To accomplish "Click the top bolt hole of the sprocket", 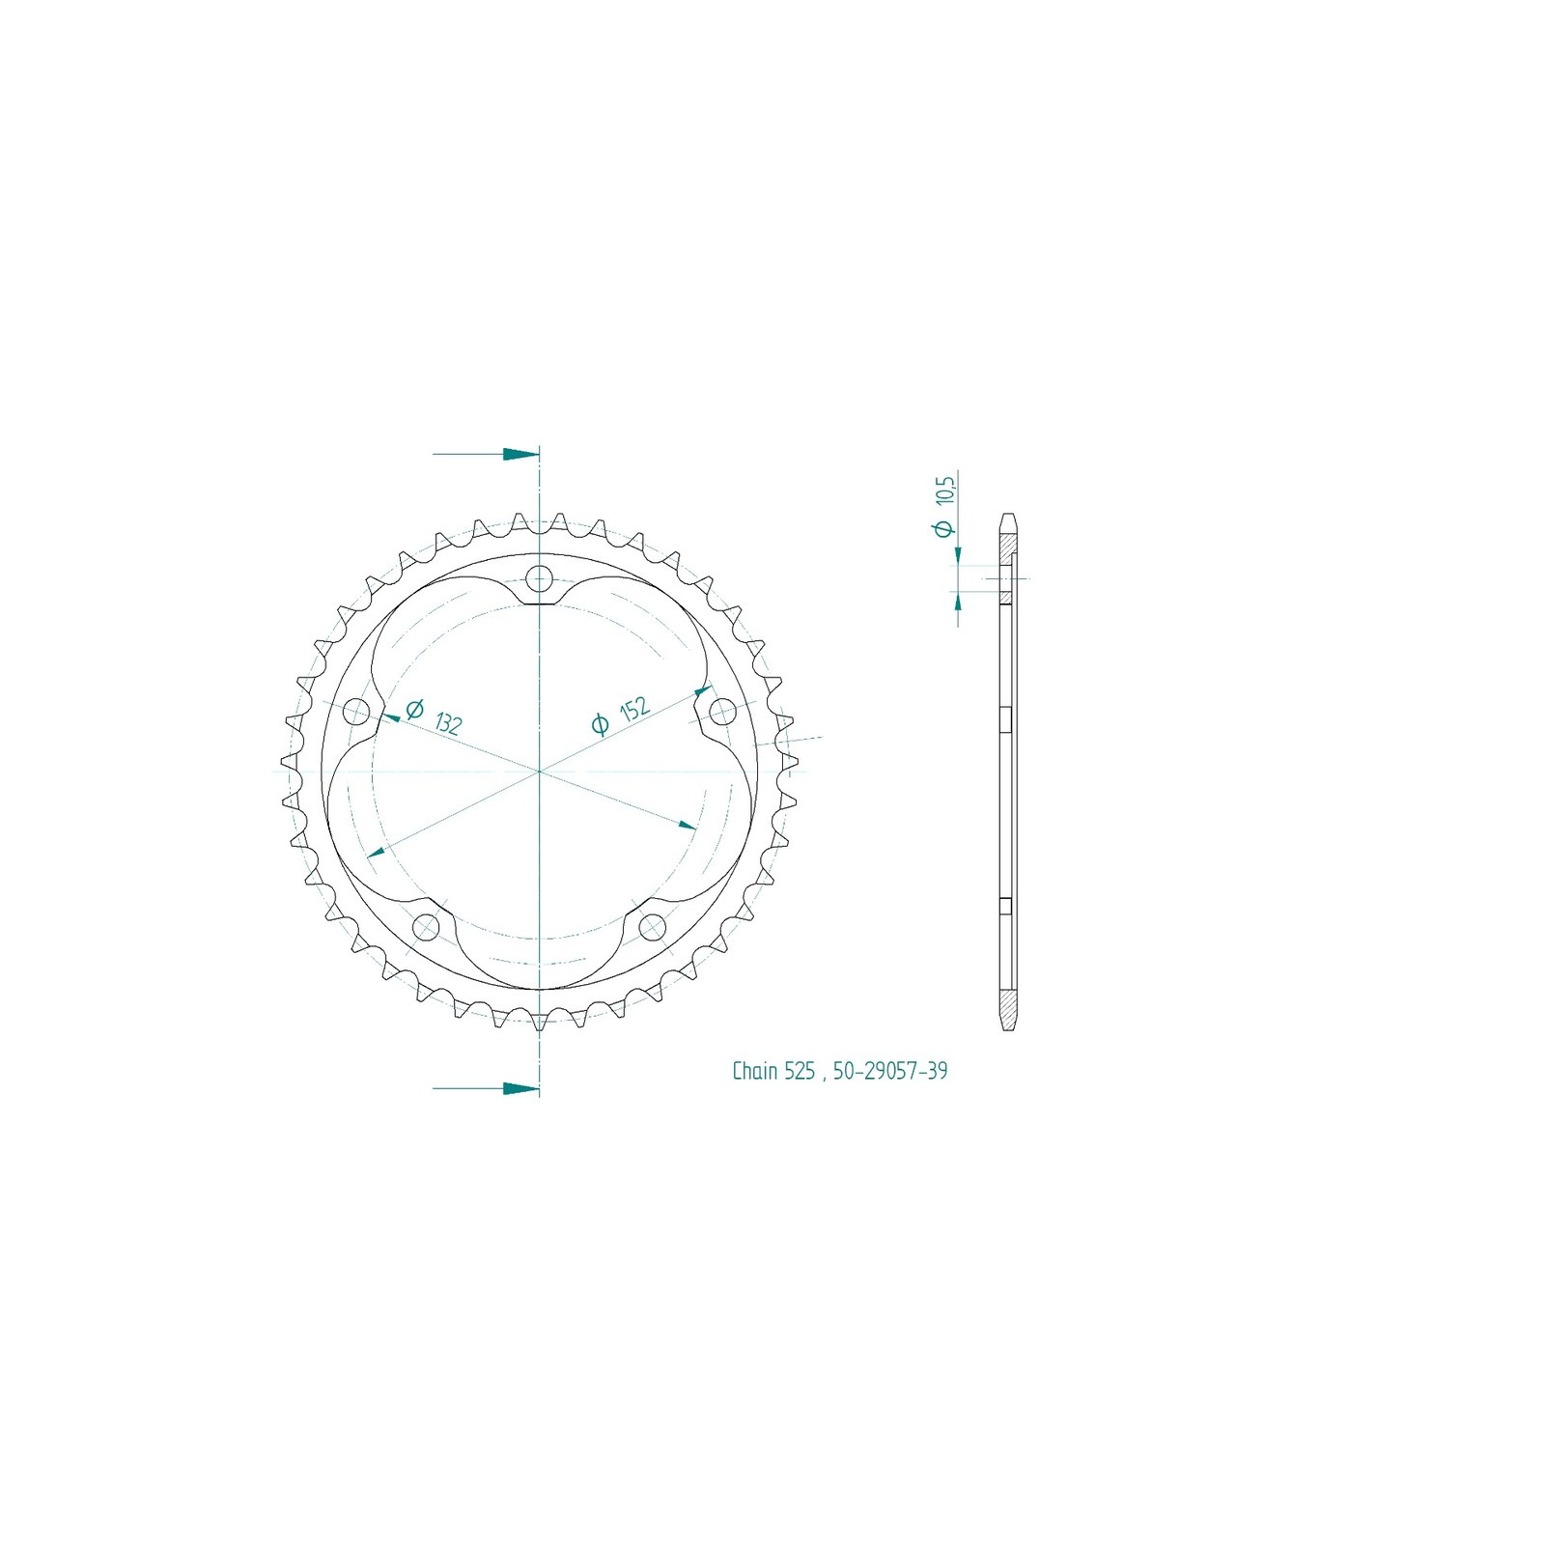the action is point(539,579).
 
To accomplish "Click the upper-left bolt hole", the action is point(356,712).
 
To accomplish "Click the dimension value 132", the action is point(448,723).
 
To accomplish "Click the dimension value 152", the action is point(633,709).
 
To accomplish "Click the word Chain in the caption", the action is point(755,1071).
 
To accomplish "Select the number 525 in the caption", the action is point(800,1071).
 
